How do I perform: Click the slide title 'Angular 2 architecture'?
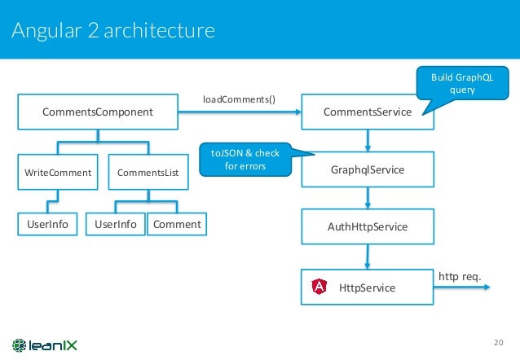112,31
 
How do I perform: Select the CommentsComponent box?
98,112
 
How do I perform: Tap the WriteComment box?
57,173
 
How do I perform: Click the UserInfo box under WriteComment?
43,223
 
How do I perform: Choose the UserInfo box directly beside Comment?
116,223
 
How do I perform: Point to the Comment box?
174,223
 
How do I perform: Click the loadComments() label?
239,100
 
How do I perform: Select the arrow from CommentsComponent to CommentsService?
239,112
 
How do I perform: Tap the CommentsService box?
368,112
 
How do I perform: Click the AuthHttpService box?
368,226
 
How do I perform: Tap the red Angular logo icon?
321,287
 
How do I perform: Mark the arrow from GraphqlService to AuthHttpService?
368,198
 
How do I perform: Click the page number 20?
500,341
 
